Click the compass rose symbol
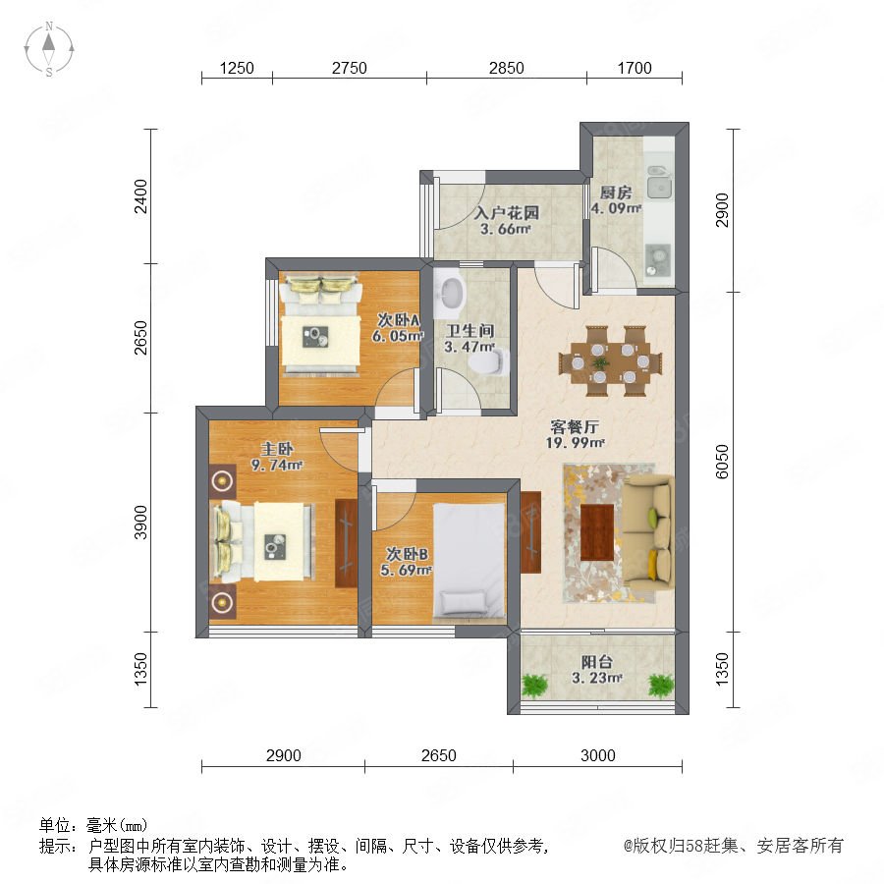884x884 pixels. (49, 49)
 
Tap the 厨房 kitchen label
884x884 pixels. (615, 193)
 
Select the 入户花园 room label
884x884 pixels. (506, 213)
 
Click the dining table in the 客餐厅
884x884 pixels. (611, 360)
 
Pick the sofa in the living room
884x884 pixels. (648, 530)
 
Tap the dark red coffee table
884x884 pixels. (597, 532)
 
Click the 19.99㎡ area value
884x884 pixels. (575, 443)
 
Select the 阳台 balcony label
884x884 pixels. (596, 661)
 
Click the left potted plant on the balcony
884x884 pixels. (534, 685)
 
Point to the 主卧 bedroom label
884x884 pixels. (277, 449)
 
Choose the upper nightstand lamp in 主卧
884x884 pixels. (223, 481)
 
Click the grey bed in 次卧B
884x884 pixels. (469, 562)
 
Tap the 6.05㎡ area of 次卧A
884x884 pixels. (397, 336)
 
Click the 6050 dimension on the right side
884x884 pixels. (722, 462)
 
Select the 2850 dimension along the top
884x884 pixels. (506, 68)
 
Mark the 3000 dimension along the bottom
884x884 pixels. (597, 755)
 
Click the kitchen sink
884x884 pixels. (658, 182)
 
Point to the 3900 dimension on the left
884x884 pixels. (140, 523)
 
